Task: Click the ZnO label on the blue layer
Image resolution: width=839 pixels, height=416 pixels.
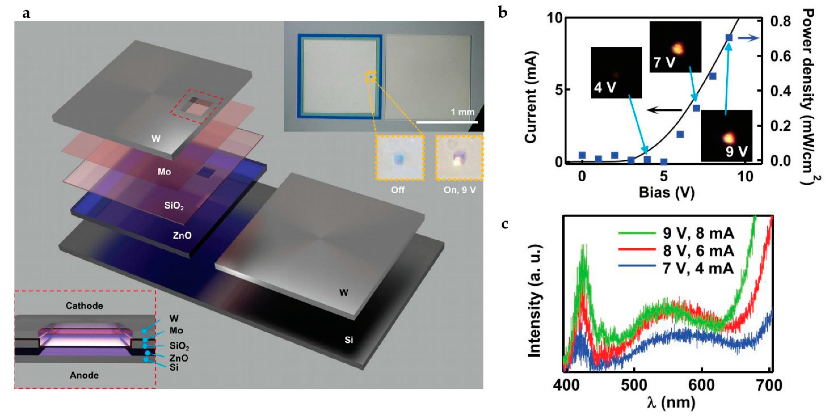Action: tap(182, 235)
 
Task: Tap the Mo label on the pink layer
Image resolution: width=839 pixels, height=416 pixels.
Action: tap(164, 172)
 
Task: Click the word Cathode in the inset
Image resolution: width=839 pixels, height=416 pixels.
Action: tap(84, 306)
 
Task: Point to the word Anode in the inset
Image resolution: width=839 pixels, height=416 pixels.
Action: tap(84, 375)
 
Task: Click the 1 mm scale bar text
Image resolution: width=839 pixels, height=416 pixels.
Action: tap(462, 112)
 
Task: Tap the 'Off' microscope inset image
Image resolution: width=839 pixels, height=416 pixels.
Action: tap(400, 158)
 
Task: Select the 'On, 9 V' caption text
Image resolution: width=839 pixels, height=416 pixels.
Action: tap(460, 190)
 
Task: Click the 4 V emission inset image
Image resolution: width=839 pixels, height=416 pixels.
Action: tap(616, 72)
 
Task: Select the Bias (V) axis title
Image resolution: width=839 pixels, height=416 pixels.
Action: tap(666, 193)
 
